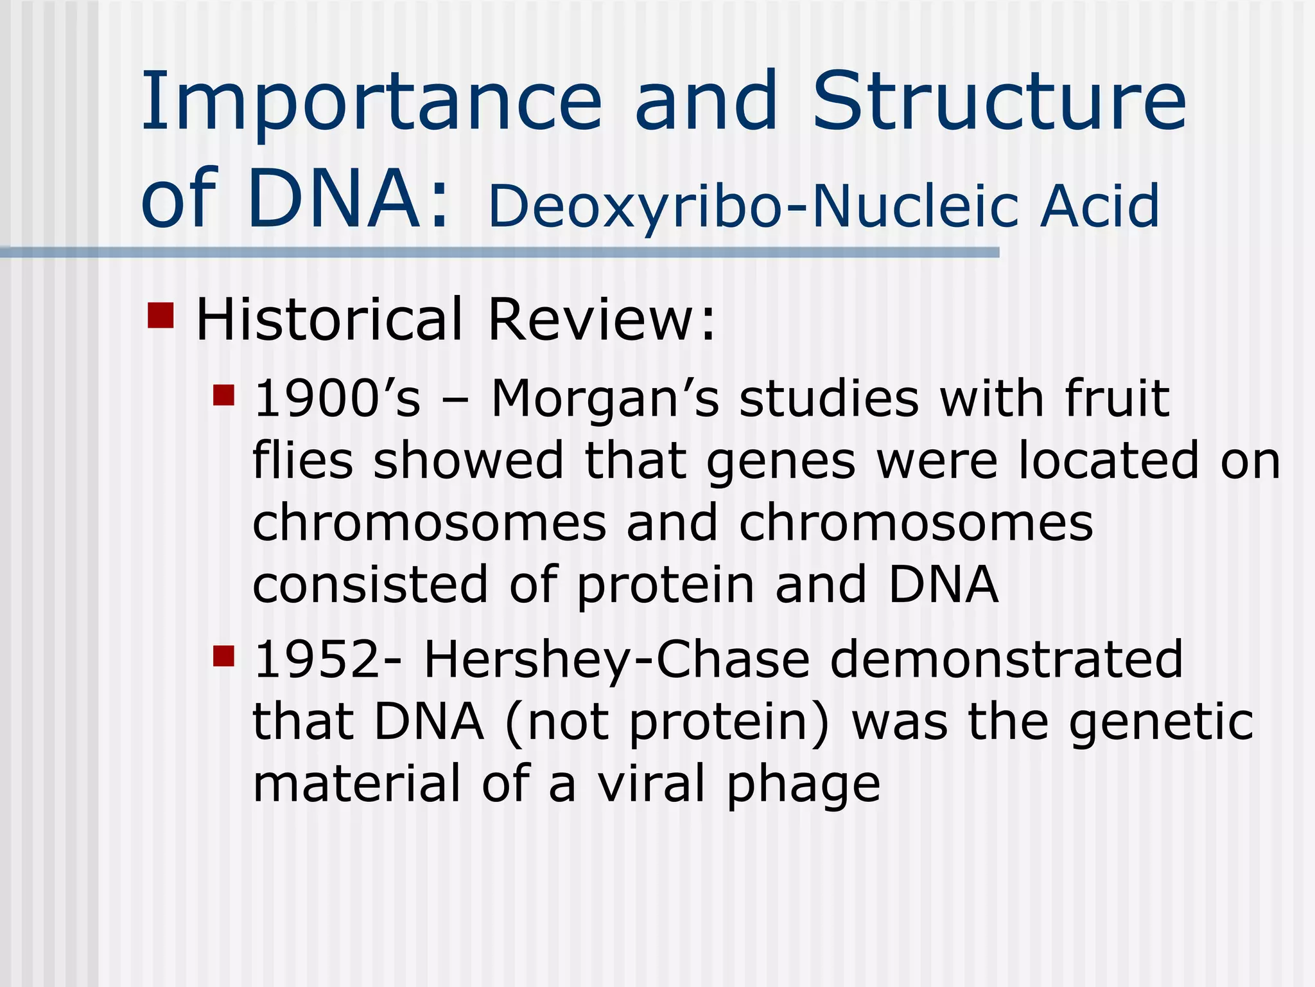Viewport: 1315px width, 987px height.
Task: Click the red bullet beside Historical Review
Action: tap(161, 316)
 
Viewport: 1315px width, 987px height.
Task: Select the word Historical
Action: tap(328, 319)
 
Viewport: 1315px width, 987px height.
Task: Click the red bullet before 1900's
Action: tap(223, 395)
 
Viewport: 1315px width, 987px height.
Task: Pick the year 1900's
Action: tap(337, 399)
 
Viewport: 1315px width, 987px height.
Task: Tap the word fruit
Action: tap(1117, 399)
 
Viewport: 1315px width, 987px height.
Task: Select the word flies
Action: tap(302, 461)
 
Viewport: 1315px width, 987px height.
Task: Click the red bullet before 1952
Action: tap(223, 657)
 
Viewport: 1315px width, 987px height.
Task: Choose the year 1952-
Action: tap(328, 660)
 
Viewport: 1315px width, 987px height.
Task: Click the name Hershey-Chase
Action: tap(616, 660)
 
